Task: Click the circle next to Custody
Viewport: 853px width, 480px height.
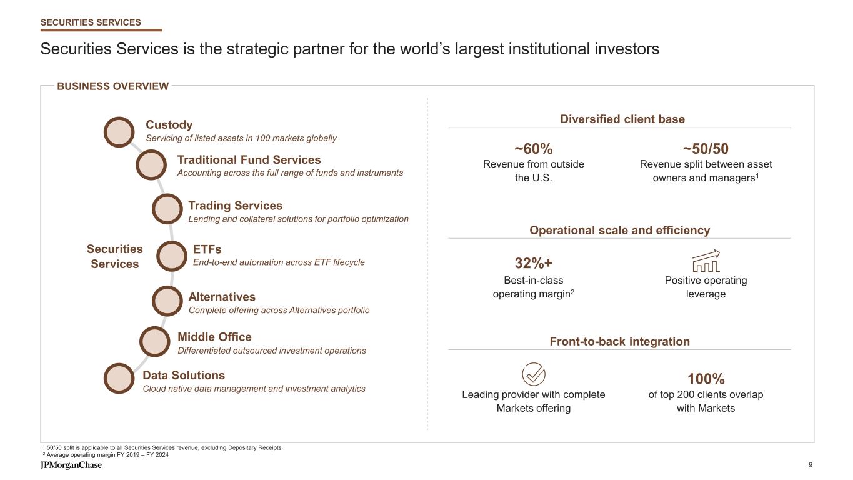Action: [x=119, y=132]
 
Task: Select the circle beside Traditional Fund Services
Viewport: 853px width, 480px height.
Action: [x=151, y=165]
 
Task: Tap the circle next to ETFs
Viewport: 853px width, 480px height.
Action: [x=171, y=256]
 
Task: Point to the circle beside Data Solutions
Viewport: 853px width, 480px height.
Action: [x=119, y=379]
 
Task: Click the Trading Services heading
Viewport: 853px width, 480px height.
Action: [x=235, y=206]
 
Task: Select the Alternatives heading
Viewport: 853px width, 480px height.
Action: [x=222, y=297]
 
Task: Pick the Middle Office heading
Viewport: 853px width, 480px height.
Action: [x=214, y=337]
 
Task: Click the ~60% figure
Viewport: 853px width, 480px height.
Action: [x=533, y=149]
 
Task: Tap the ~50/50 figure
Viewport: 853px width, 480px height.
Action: [x=706, y=149]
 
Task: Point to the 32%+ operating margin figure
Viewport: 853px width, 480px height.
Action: [x=533, y=263]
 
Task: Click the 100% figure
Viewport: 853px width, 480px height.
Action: [x=706, y=379]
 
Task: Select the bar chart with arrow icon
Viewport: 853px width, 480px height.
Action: [x=706, y=261]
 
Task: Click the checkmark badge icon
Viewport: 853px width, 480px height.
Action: [x=533, y=375]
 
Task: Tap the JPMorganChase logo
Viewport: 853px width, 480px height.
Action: [x=71, y=466]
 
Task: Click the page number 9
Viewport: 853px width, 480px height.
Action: [x=811, y=465]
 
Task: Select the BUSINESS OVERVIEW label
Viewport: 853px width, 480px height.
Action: [x=113, y=86]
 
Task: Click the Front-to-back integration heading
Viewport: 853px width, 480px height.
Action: [x=619, y=341]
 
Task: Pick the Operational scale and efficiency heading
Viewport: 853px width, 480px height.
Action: [x=619, y=230]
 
